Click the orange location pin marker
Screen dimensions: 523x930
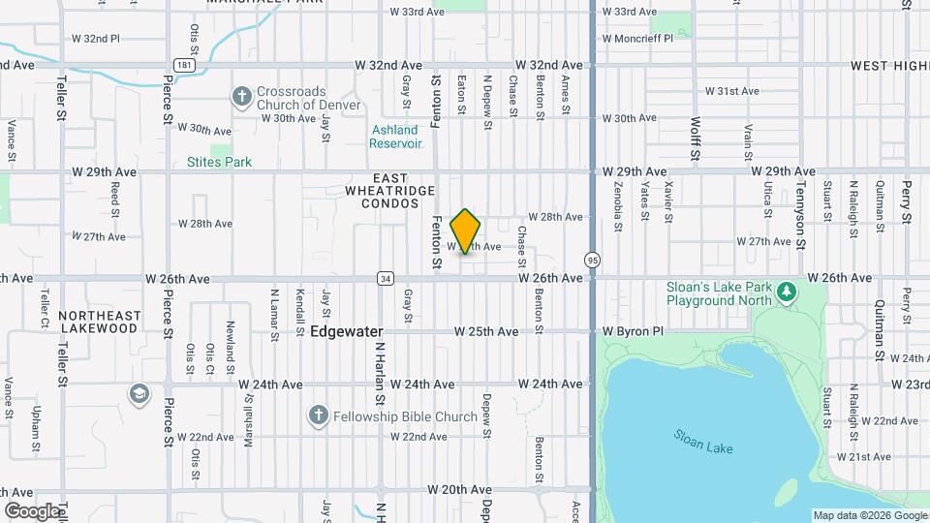(466, 231)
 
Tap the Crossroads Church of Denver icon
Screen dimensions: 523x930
(240, 96)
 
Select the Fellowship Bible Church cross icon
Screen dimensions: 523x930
(317, 416)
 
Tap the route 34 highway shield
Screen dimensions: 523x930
(386, 278)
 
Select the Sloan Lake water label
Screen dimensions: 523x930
(703, 441)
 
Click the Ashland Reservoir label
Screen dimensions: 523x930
(395, 137)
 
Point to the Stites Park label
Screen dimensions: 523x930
(219, 162)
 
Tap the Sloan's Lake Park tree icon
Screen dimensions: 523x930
(787, 290)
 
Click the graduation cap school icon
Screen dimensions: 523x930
(139, 393)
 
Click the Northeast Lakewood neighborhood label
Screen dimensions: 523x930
(99, 322)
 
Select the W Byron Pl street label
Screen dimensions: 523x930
(634, 331)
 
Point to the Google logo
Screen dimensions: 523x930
(31, 510)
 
